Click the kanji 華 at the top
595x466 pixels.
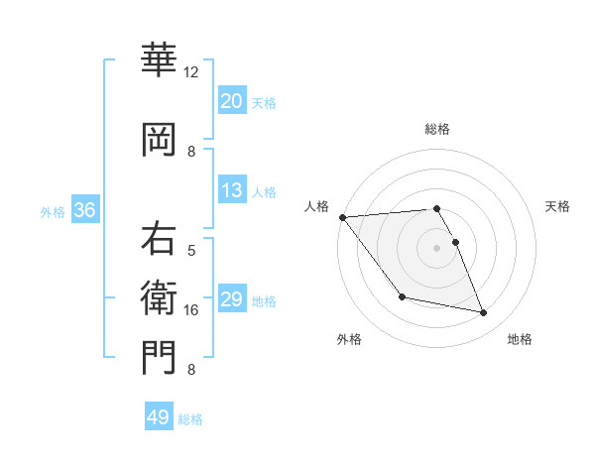[x=159, y=61]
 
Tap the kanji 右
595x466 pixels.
[x=159, y=241]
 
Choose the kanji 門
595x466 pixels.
[x=159, y=357]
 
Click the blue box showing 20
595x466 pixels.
[x=232, y=101]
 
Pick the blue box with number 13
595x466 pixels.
[x=232, y=191]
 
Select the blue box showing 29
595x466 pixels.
[x=232, y=300]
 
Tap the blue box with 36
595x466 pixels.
[x=84, y=211]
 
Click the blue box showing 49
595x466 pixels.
[x=159, y=417]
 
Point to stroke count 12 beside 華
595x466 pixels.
[x=191, y=72]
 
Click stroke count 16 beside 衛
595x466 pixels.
[x=191, y=310]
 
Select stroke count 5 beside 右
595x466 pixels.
[x=191, y=251]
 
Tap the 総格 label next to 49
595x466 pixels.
[x=191, y=419]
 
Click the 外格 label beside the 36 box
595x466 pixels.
[x=53, y=212]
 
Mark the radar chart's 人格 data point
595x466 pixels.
[x=342, y=216]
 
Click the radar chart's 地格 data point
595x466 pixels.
[x=484, y=313]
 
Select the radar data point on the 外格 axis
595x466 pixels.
[x=402, y=296]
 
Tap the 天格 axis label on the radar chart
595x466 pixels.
[x=557, y=206]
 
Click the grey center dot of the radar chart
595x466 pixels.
[x=436, y=247]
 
